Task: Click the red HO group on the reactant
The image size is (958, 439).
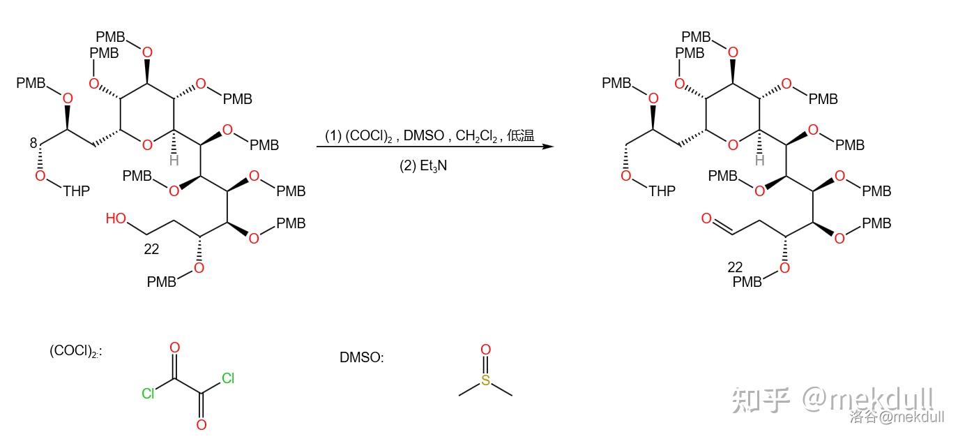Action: coord(116,218)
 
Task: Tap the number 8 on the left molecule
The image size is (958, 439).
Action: coord(33,143)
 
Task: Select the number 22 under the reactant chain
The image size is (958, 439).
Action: coord(151,249)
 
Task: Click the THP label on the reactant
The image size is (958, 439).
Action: coord(76,191)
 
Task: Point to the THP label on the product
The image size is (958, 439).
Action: coord(662,191)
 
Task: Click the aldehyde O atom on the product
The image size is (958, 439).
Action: coord(706,219)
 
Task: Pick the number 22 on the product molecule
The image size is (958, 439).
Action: coord(735,267)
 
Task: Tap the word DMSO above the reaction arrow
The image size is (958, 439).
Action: coord(425,135)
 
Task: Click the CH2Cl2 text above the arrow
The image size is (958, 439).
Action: coord(477,135)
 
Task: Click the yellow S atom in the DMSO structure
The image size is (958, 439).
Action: coord(485,380)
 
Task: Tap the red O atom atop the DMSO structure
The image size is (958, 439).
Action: coord(485,350)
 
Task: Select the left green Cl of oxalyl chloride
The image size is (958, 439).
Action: coord(148,394)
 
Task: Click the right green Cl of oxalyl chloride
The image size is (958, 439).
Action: coord(228,379)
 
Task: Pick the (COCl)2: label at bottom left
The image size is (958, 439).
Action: coord(75,351)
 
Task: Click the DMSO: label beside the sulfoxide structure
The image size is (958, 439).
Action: coord(361,357)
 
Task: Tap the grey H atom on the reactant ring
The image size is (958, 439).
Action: coord(174,161)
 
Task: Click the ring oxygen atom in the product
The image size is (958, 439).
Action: coord(732,145)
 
